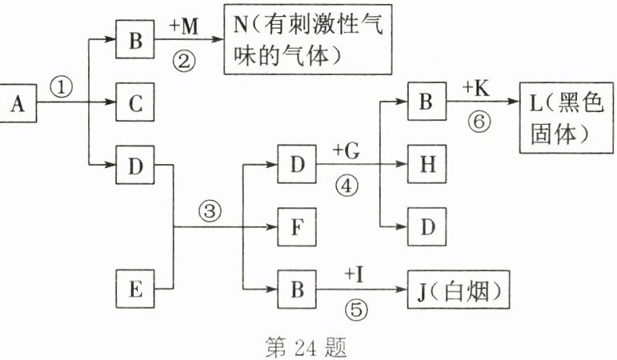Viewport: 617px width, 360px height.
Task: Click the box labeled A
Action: pyautogui.click(x=19, y=102)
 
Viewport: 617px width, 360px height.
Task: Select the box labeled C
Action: pyautogui.click(x=135, y=102)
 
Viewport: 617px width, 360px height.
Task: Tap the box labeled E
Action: pyautogui.click(x=135, y=288)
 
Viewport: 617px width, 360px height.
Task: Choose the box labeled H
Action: pyautogui.click(x=427, y=165)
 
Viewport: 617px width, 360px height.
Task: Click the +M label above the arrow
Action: pyautogui.click(x=185, y=26)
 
